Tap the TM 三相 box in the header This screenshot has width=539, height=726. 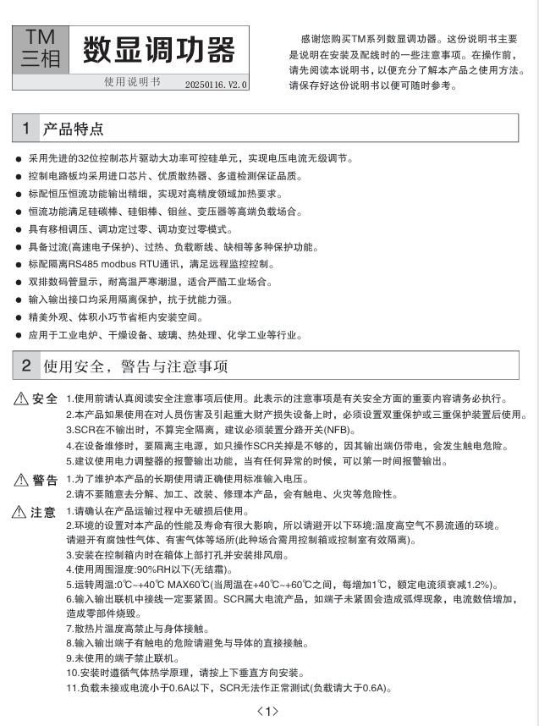(40, 48)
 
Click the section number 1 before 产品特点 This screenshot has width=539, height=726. (26, 129)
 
